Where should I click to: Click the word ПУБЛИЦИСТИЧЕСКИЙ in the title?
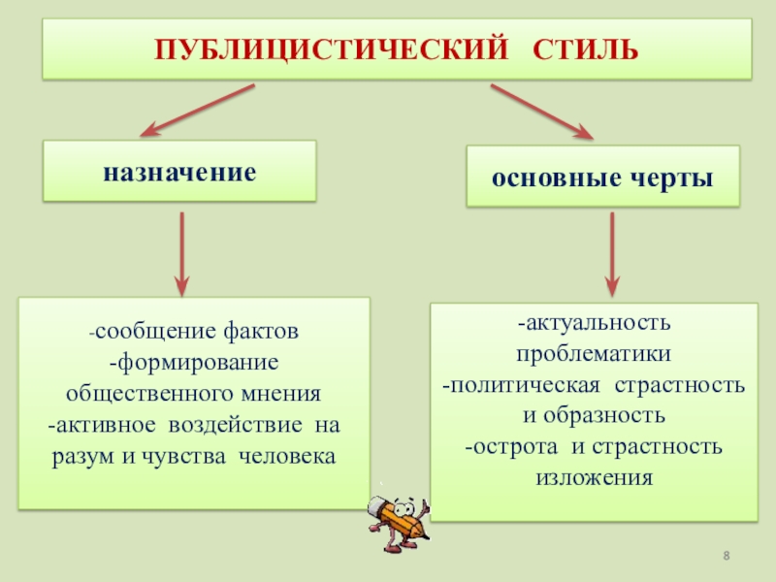321,48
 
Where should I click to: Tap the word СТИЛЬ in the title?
586,48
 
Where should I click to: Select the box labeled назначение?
179,172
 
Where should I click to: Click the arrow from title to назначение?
199,110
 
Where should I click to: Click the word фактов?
262,332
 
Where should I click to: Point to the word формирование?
196,364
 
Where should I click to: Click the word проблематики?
594,354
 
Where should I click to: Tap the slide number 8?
727,554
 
